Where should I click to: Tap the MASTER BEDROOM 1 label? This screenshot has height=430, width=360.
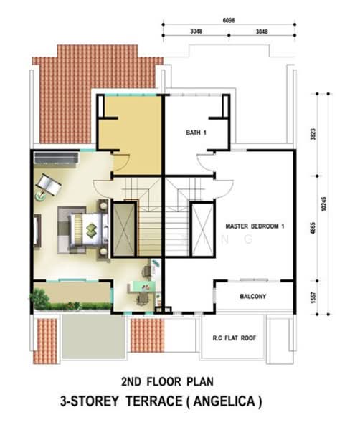point(255,226)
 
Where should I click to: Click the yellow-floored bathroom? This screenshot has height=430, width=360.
point(129,123)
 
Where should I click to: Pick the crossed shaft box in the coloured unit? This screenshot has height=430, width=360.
point(125,229)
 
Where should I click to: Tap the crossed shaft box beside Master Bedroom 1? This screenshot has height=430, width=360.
point(202,229)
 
